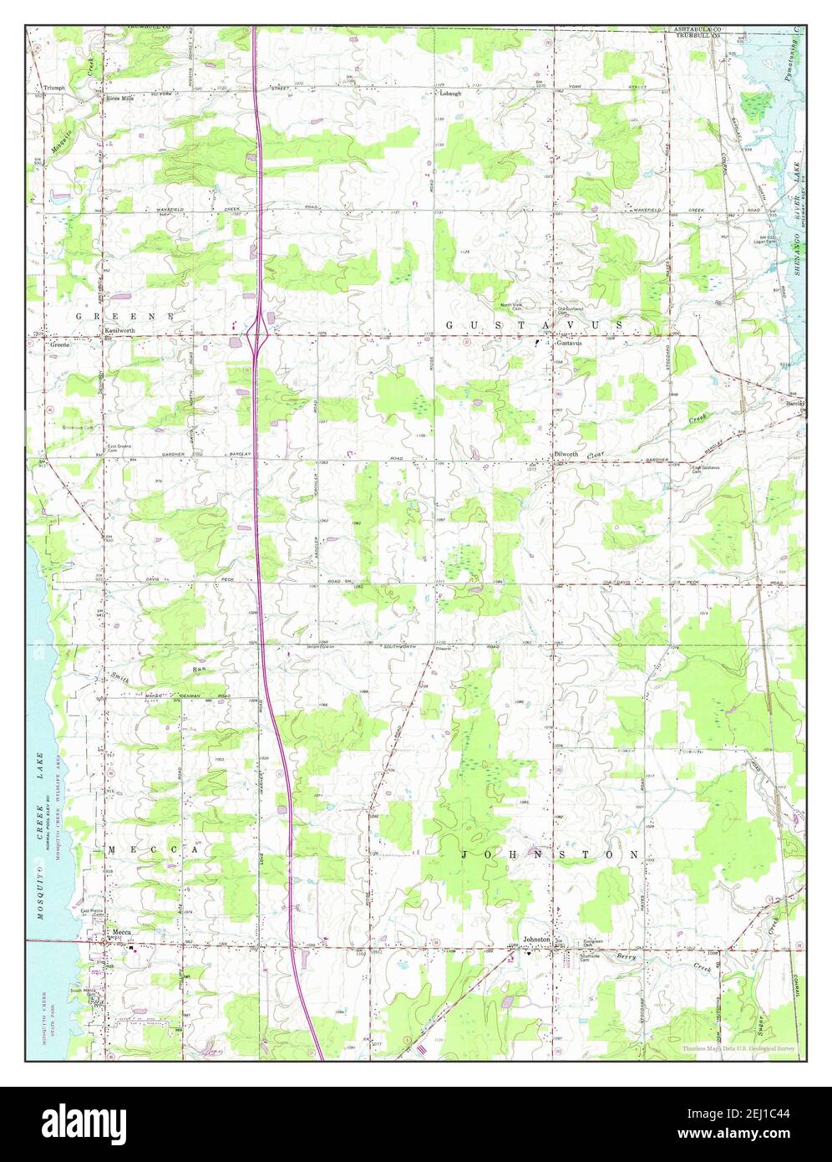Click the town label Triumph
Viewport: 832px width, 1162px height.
[54, 87]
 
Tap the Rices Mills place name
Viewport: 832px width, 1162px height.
[119, 98]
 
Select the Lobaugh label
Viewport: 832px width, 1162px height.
[450, 94]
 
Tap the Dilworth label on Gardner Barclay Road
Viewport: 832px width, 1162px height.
[566, 454]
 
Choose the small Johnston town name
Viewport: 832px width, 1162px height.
[536, 939]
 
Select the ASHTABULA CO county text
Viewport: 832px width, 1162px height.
[698, 29]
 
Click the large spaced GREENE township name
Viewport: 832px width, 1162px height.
[125, 316]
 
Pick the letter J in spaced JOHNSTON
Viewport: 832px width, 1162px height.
[465, 855]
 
